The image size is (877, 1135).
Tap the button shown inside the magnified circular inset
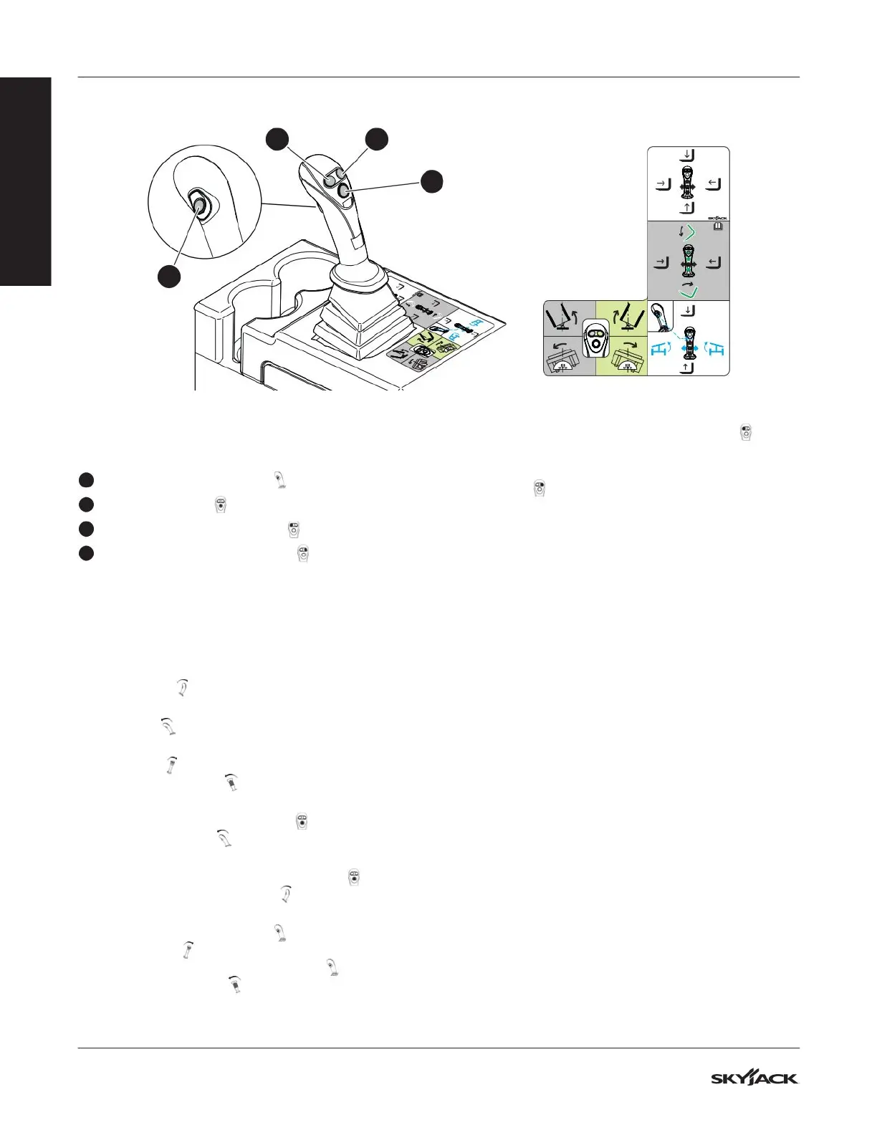coord(198,205)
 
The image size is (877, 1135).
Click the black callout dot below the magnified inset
coord(169,276)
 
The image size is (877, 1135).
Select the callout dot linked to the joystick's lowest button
coord(431,181)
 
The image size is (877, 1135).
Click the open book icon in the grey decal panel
coord(718,226)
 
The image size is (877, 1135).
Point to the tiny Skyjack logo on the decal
coord(717,217)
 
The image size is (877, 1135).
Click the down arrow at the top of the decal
coord(688,154)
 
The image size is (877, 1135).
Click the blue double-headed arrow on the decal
coord(689,349)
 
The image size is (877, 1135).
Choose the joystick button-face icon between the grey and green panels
coord(595,337)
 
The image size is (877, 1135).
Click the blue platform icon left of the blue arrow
coord(660,350)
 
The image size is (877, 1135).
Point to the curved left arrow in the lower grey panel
coord(561,347)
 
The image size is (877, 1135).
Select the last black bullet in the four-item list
coord(86,553)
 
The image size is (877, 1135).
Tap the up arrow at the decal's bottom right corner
coord(688,368)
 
